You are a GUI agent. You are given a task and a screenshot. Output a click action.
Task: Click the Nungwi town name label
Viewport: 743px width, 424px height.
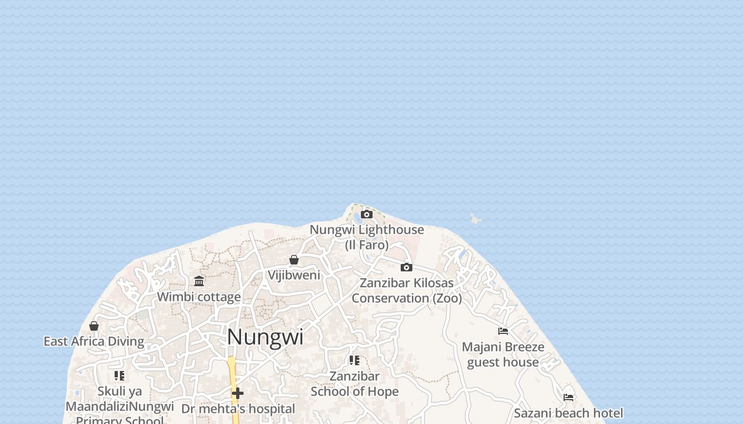(265, 337)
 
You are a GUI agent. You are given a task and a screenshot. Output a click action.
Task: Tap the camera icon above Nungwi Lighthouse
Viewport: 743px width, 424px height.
(366, 215)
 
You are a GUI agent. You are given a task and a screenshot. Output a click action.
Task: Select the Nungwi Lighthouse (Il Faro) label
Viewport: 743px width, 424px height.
(367, 237)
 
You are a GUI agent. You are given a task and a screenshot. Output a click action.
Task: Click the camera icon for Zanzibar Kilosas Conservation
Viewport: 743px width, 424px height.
(407, 267)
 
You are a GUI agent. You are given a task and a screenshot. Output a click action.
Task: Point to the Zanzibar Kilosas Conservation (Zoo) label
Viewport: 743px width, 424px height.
(407, 290)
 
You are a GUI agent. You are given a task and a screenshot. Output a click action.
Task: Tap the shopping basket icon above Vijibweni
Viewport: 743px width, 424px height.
(294, 260)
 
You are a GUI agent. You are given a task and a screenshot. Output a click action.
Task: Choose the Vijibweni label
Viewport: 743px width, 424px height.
(294, 275)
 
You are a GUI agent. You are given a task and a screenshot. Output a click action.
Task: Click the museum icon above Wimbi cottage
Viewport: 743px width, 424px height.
(199, 281)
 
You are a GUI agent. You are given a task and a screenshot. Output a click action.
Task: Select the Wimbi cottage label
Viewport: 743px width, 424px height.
(199, 297)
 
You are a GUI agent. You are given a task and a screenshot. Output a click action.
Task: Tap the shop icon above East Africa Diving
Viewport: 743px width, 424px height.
(94, 326)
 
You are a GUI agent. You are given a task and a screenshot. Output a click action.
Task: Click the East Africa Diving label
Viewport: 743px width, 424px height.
(94, 341)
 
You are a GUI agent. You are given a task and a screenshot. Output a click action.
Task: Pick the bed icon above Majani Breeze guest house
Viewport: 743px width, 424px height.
(503, 331)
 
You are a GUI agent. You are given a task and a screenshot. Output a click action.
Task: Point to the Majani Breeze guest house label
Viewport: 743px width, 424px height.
(503, 355)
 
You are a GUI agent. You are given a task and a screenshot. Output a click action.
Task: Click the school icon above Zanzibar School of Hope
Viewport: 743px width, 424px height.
(355, 360)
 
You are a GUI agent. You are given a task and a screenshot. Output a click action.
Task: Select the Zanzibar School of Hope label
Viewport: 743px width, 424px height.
(355, 384)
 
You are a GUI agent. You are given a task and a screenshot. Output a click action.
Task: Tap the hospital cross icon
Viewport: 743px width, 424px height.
(238, 393)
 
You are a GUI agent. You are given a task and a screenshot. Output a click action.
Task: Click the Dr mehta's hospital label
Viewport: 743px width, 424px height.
(238, 409)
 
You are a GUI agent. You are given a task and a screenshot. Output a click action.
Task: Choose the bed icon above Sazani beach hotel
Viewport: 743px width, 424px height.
(568, 397)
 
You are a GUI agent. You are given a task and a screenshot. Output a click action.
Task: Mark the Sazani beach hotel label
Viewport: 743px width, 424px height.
(568, 413)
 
